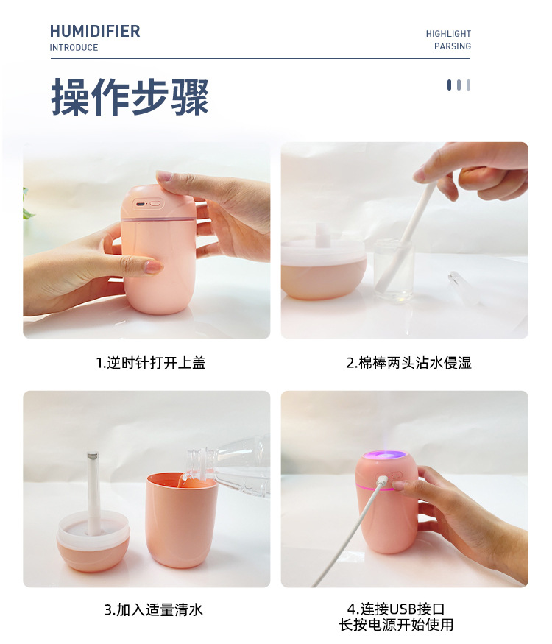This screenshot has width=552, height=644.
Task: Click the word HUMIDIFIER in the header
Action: click(95, 31)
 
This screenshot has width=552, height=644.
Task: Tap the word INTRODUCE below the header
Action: click(74, 48)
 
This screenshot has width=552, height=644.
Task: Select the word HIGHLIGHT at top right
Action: click(448, 34)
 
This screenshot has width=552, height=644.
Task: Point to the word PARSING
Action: click(453, 46)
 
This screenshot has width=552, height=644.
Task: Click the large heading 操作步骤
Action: click(130, 96)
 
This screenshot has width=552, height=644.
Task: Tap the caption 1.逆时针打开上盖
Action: click(151, 363)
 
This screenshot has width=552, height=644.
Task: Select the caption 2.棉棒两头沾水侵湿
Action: click(408, 363)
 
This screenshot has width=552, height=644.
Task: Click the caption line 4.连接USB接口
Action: click(396, 609)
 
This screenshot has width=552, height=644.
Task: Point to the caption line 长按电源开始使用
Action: click(396, 625)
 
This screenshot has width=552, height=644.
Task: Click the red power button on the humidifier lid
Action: click(155, 204)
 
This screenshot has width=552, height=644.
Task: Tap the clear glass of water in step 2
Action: click(393, 270)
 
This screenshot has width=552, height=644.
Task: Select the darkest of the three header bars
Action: click(449, 85)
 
